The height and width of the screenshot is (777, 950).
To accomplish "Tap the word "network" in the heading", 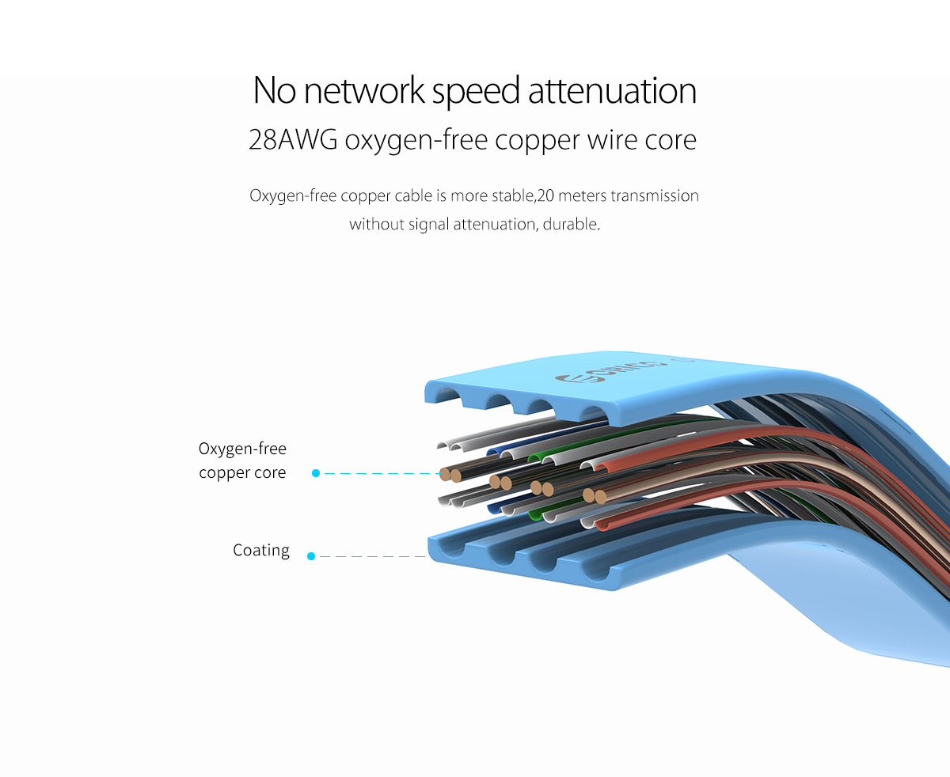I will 364,92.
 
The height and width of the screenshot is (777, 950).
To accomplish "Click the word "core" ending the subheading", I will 668,140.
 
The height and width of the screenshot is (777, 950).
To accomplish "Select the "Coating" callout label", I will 261,550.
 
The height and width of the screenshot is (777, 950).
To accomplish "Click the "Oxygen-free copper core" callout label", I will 242,461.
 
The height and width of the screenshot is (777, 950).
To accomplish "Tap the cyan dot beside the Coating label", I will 311,556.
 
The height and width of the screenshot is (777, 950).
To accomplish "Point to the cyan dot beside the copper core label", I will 316,473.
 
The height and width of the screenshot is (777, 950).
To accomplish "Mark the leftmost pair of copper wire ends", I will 450,475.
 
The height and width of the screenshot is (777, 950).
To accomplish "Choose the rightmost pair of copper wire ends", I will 595,497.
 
